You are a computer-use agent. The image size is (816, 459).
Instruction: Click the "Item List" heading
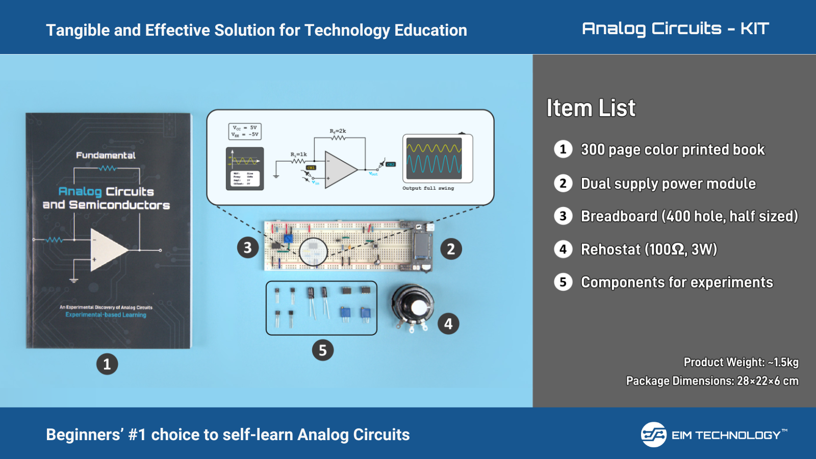click(591, 108)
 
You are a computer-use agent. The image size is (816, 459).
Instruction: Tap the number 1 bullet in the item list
click(563, 149)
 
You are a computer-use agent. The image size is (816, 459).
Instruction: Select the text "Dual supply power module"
click(668, 184)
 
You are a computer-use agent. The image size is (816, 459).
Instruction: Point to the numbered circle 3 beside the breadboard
click(247, 248)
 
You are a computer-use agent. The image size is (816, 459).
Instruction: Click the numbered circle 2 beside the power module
click(451, 249)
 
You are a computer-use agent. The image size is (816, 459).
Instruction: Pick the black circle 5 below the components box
click(322, 350)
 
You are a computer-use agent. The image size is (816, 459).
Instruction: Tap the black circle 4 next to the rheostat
click(448, 324)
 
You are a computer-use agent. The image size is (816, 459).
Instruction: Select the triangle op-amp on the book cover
click(108, 250)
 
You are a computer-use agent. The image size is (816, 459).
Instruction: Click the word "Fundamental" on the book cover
click(106, 156)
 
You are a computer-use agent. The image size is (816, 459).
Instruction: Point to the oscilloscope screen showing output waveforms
click(434, 158)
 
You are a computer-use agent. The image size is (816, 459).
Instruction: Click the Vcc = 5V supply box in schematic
click(245, 131)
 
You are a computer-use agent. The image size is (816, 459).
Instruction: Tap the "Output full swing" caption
click(428, 188)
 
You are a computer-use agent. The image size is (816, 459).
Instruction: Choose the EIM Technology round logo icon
click(653, 435)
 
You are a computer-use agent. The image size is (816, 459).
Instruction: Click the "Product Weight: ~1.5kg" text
click(741, 362)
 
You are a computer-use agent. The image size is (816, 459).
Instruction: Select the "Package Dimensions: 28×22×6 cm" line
click(712, 381)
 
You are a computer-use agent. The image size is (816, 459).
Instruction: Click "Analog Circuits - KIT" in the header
click(675, 29)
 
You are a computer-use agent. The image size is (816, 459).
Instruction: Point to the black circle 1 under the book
click(107, 364)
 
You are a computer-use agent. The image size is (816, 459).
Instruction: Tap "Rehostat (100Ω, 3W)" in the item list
click(649, 249)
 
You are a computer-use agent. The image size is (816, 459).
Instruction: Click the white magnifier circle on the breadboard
click(313, 252)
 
